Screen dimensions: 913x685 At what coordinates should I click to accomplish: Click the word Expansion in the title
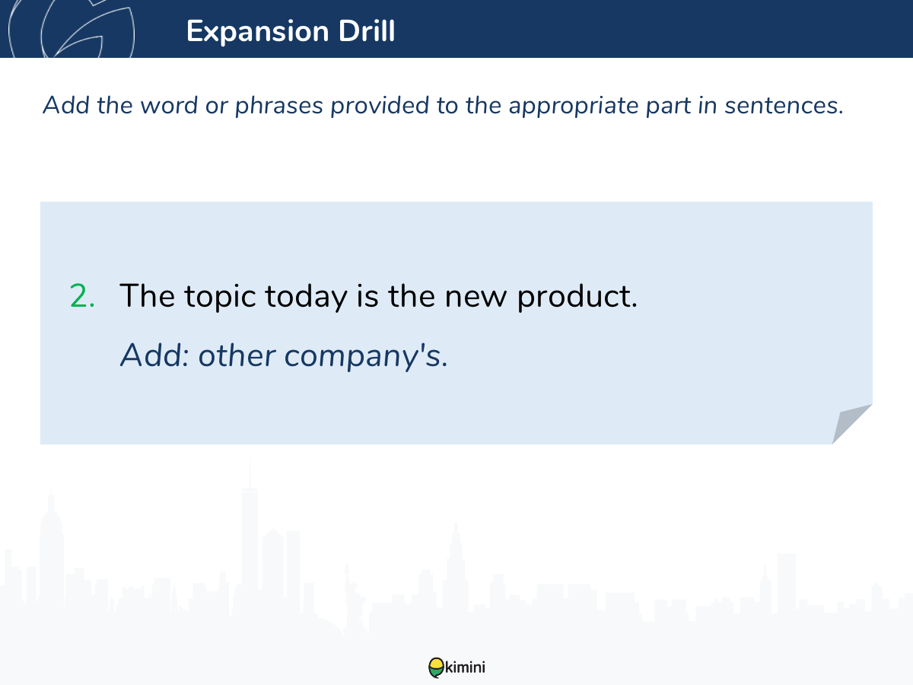258,32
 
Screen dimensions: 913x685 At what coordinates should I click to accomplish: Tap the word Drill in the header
367,30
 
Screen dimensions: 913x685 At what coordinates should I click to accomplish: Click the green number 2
82,296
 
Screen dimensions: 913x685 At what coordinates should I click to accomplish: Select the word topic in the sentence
220,297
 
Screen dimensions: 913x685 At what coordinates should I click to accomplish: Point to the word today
306,297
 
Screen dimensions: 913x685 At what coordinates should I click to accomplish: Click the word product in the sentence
577,297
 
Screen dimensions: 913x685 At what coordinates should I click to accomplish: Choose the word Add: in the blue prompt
154,355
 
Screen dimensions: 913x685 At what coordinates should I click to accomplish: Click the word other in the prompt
237,355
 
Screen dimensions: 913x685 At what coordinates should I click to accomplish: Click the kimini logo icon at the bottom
436,667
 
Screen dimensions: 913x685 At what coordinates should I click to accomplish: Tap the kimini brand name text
465,667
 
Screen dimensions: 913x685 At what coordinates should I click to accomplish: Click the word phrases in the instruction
279,106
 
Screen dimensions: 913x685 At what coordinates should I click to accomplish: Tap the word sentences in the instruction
784,106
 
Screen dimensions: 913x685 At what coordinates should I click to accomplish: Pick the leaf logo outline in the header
72,29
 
